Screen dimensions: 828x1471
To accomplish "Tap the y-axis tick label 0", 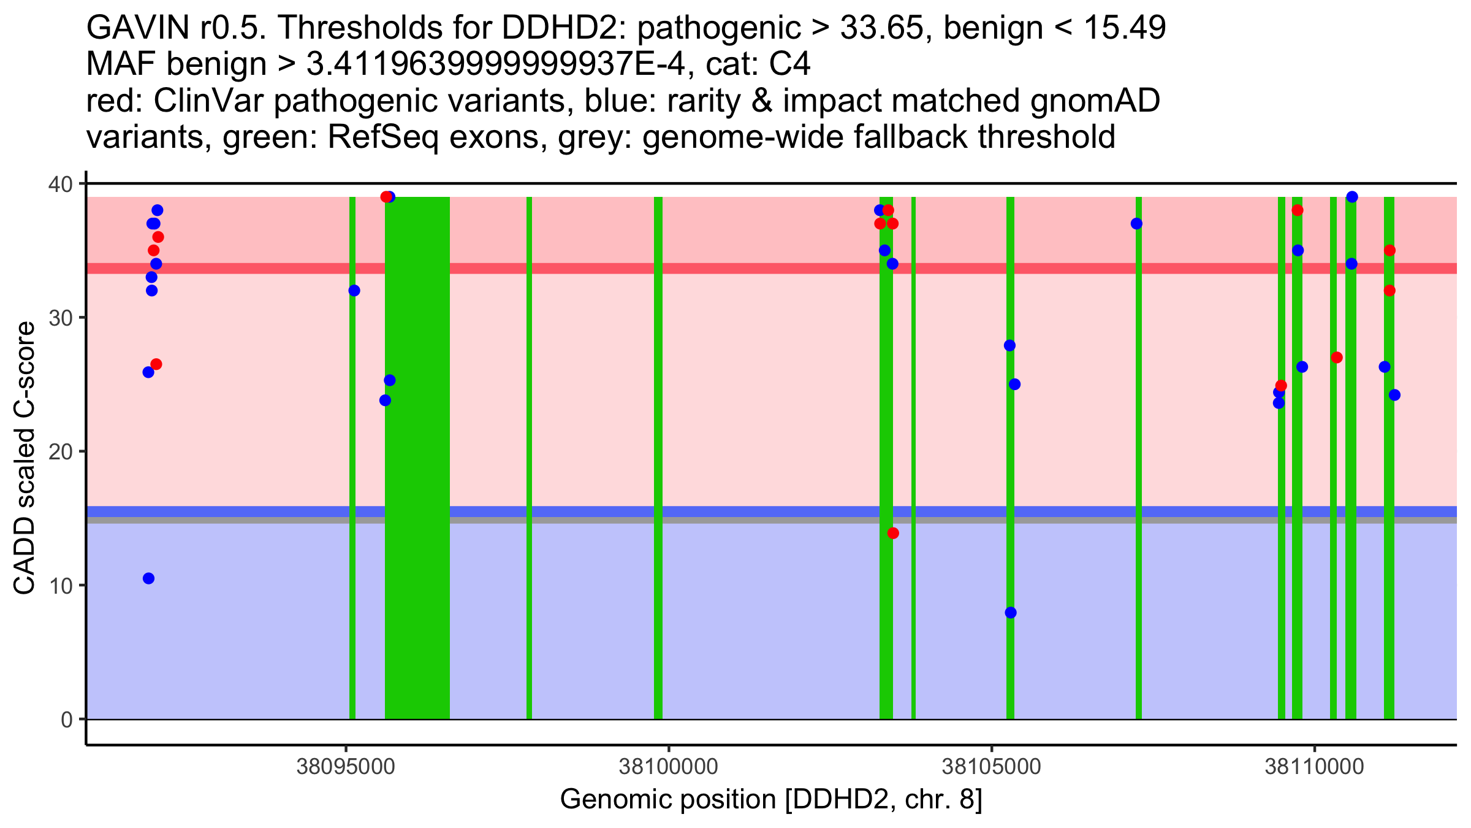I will [66, 719].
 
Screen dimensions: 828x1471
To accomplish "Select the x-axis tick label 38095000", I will [346, 767].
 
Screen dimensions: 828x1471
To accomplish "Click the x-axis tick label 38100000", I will [669, 767].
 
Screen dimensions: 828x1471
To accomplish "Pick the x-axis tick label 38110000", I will [1314, 767].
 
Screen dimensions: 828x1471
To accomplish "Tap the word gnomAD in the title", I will [1095, 101].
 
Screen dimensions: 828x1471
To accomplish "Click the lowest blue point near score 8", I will [1011, 613].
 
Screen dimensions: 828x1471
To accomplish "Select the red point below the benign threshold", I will [893, 533].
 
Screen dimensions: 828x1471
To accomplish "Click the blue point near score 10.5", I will [148, 578].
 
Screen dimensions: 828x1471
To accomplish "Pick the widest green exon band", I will [417, 458].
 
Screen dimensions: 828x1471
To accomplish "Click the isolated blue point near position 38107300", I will [1136, 224].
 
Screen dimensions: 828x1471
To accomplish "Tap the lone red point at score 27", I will [1337, 358].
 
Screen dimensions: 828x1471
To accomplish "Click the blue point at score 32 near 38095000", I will [354, 291].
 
